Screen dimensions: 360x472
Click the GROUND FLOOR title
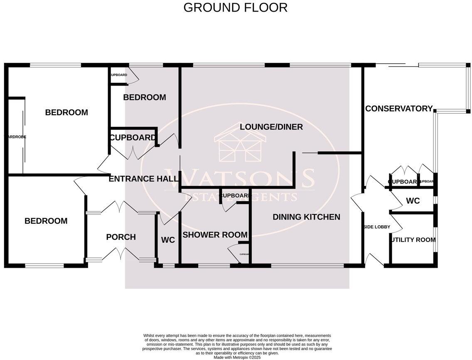coord(235,7)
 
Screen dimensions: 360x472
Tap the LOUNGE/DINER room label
coord(271,127)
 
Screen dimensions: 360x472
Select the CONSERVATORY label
coord(398,108)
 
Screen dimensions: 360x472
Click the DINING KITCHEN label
coord(306,217)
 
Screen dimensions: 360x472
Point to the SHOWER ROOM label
coord(215,235)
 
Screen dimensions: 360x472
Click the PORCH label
coord(120,237)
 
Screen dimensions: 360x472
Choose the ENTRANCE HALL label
coord(143,179)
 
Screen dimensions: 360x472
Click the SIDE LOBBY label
coord(376,227)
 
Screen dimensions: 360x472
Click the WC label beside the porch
coord(168,240)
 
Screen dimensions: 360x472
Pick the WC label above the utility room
coord(413,201)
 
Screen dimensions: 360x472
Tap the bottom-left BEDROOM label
coord(46,221)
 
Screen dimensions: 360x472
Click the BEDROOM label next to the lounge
coord(144,97)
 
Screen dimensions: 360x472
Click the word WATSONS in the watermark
coord(240,178)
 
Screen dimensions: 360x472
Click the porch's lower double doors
coord(120,254)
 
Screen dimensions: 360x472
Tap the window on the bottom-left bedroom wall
coord(44,265)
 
